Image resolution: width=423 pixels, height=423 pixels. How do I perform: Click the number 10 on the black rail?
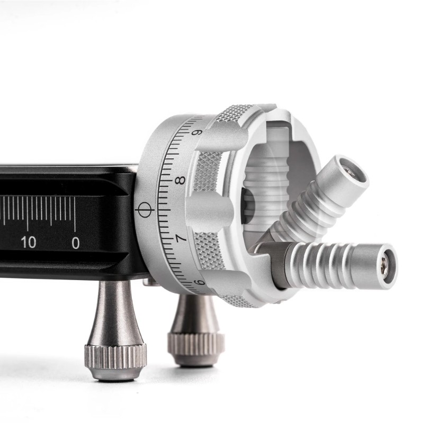(x=29, y=242)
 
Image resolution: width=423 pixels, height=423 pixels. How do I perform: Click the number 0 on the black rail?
(x=76, y=243)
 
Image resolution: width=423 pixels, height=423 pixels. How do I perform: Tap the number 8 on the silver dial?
(x=180, y=180)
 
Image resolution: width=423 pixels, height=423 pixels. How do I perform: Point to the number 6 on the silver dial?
(x=200, y=283)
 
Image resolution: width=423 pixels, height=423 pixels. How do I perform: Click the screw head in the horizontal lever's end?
(x=385, y=263)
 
